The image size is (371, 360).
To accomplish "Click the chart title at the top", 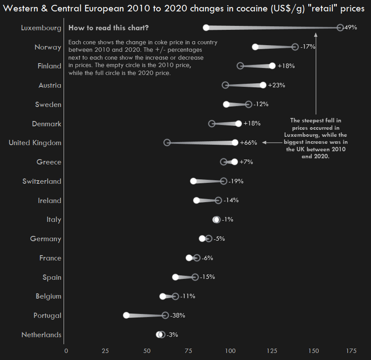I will pos(184,9).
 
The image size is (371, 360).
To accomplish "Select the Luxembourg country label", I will pos(41,28).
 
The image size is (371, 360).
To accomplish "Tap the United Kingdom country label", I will pos(35,143).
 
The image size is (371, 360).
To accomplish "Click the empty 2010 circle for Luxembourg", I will pos(340,28).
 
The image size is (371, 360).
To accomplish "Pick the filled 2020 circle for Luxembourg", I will pos(206,28).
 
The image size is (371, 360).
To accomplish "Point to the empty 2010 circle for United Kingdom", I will pos(167,143).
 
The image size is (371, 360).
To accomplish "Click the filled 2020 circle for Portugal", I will pos(126,315).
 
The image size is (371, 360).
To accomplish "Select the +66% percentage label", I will pos(248,143).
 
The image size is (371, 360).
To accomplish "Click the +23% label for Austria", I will pos(276,85).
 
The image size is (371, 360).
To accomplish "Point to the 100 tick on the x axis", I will pos(230,351).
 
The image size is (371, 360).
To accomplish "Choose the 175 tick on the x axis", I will pos(351,351).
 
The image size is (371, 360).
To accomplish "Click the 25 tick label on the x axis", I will pos(105,351).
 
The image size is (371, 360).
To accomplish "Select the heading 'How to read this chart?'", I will pos(108,28).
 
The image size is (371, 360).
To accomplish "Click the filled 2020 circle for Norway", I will pos(255,47).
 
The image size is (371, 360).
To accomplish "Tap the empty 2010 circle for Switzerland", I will pos(224,181).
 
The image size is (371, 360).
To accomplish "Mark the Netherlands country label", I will pos(41,335).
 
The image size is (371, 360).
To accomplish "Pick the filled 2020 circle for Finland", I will pos(272,66).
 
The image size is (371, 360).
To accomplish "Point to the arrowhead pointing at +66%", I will pos(264,143).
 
